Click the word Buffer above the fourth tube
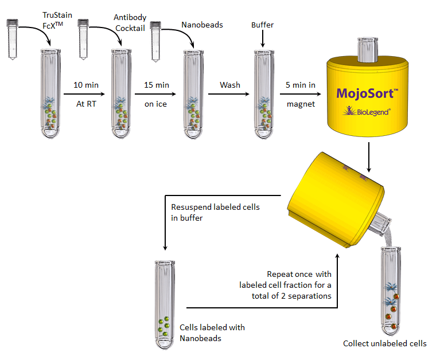pyautogui.click(x=262, y=25)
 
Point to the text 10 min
pyautogui.click(x=86, y=85)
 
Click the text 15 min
pyautogui.click(x=156, y=85)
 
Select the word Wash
pyautogui.click(x=230, y=85)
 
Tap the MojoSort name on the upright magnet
pyautogui.click(x=367, y=93)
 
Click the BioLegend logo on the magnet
pyautogui.click(x=367, y=111)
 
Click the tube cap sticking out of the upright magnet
pyautogui.click(x=367, y=49)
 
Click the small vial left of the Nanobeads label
pyautogui.click(x=155, y=41)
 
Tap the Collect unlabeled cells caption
pyautogui.click(x=384, y=344)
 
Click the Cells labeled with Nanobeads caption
pyautogui.click(x=212, y=332)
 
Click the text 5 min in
pyautogui.click(x=301, y=85)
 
